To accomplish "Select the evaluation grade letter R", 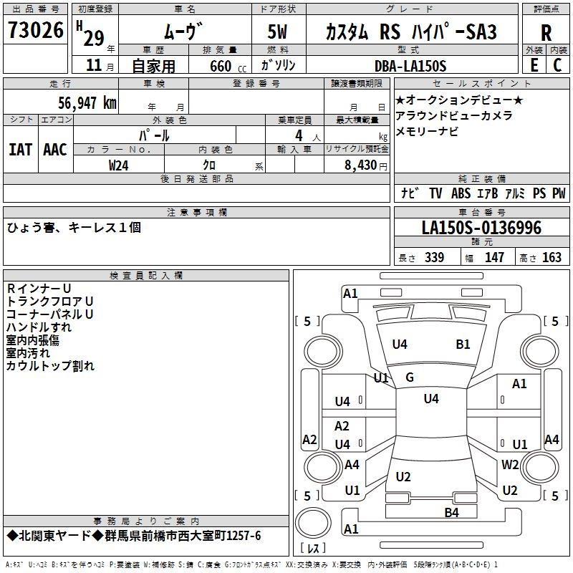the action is pyautogui.click(x=546, y=33).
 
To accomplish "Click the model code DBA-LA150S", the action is pyautogui.click(x=410, y=66).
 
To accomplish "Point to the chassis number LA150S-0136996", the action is pyautogui.click(x=481, y=228).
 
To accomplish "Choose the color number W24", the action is pyautogui.click(x=119, y=165).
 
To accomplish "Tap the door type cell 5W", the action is pyautogui.click(x=279, y=32).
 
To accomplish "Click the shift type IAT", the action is pyautogui.click(x=20, y=149).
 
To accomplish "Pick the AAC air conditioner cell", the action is pyautogui.click(x=55, y=149).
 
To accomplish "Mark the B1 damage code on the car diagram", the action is pyautogui.click(x=463, y=345).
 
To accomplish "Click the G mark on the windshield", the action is pyautogui.click(x=410, y=377).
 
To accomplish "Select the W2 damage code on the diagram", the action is pyautogui.click(x=510, y=465).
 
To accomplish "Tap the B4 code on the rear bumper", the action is pyautogui.click(x=451, y=511).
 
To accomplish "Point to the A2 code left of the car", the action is pyautogui.click(x=309, y=440).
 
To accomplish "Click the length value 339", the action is pyautogui.click(x=434, y=258).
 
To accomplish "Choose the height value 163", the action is pyautogui.click(x=552, y=258).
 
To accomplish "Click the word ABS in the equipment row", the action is pyautogui.click(x=461, y=193).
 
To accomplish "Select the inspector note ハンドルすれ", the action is pyautogui.click(x=39, y=327).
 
